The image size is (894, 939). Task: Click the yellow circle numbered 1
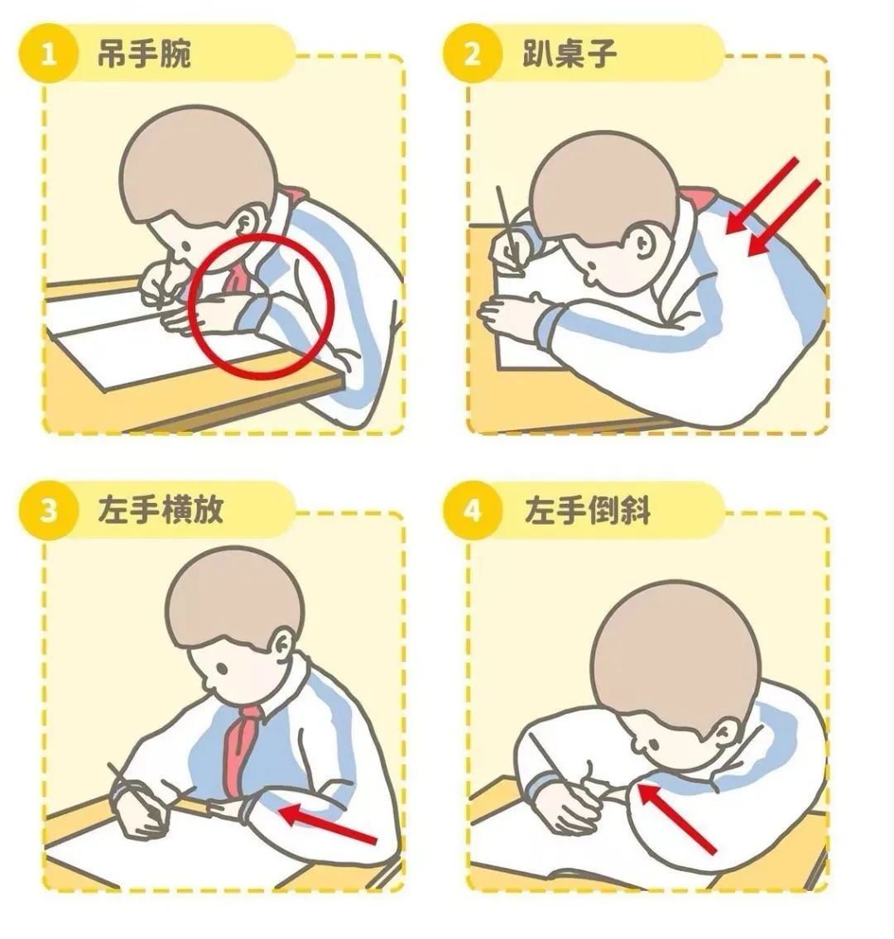click(48, 55)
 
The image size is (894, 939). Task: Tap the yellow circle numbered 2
click(472, 55)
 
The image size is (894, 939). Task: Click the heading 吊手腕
click(144, 53)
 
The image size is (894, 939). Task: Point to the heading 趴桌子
click(569, 53)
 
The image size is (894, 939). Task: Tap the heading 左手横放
click(160, 510)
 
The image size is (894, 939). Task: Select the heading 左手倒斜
click(587, 510)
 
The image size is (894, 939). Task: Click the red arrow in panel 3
click(329, 823)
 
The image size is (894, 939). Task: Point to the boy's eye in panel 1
click(185, 247)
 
